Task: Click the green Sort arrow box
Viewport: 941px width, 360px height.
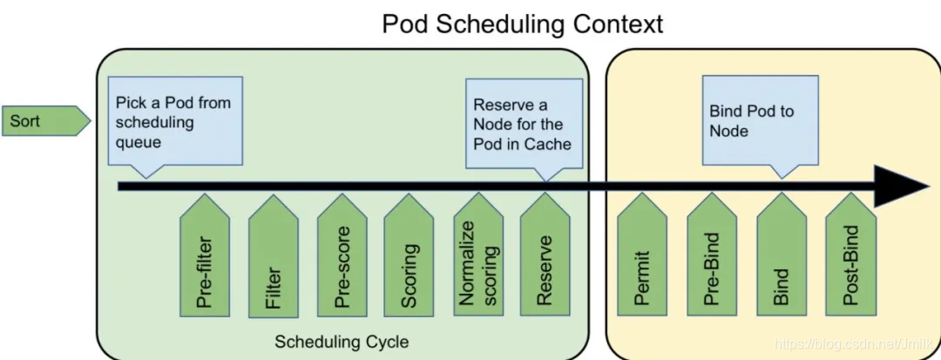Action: pos(44,121)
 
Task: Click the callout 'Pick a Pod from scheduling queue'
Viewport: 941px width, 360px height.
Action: pos(174,121)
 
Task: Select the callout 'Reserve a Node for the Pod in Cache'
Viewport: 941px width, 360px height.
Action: pos(524,122)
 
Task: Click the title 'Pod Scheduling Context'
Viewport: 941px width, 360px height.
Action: pos(523,24)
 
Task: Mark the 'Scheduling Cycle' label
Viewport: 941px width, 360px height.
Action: pos(342,341)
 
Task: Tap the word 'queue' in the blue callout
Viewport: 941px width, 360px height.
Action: pos(139,141)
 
